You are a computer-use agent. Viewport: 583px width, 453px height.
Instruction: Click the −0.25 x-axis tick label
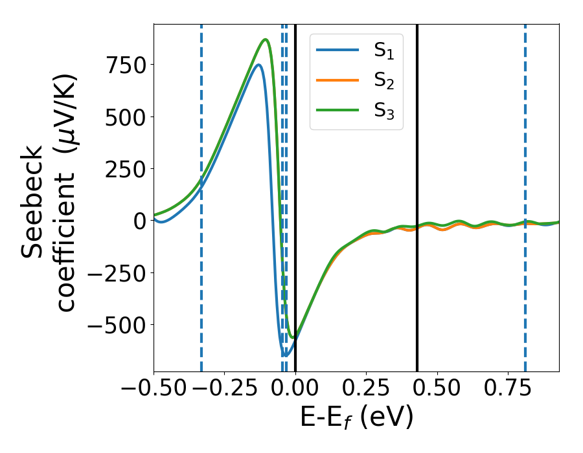pyautogui.click(x=224, y=390)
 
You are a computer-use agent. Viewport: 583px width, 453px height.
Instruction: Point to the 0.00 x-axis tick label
pyautogui.click(x=295, y=390)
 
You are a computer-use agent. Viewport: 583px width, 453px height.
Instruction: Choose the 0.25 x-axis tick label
pyautogui.click(x=367, y=390)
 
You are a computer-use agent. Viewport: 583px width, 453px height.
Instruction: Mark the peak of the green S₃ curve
pyautogui.click(x=266, y=39)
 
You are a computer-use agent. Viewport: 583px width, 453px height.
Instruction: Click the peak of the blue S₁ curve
pyautogui.click(x=258, y=65)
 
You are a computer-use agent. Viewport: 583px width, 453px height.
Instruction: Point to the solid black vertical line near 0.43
pyautogui.click(x=417, y=162)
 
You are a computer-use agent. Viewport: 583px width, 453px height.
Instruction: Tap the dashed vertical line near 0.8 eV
pyautogui.click(x=525, y=162)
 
